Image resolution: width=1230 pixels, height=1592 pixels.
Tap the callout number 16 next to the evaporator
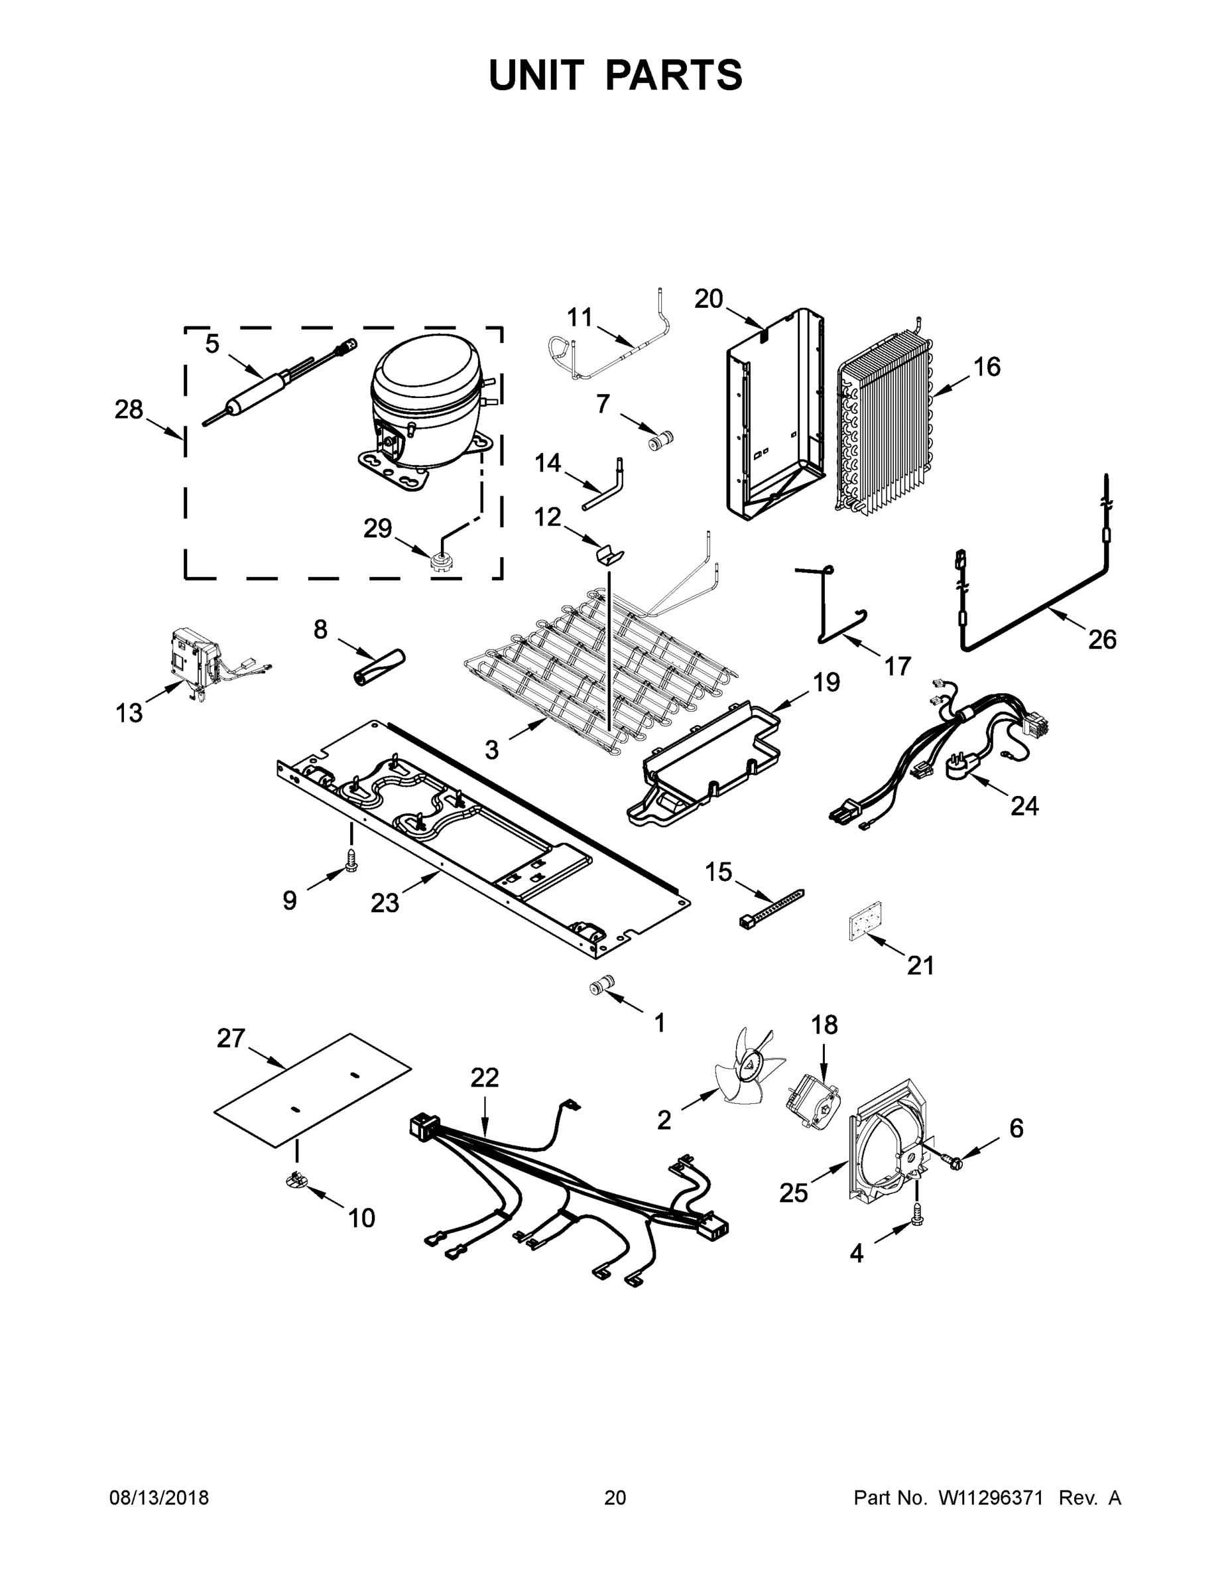coord(987,367)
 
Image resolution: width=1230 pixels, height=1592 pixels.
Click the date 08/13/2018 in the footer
coord(159,1498)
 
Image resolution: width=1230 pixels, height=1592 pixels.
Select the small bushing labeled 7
coord(662,440)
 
